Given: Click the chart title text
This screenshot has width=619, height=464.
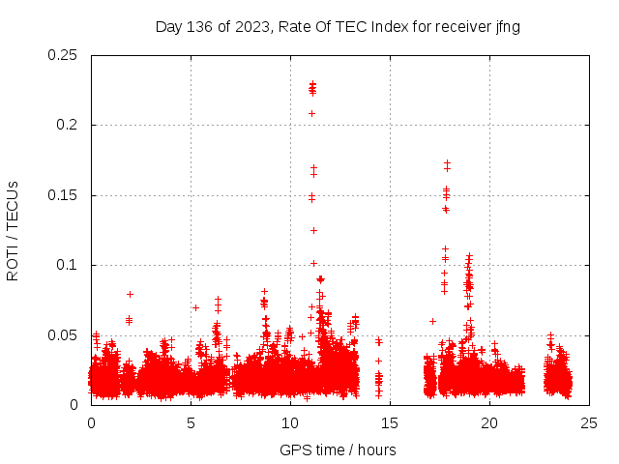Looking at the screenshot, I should tap(338, 27).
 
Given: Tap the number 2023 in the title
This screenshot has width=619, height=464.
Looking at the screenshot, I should tap(253, 27).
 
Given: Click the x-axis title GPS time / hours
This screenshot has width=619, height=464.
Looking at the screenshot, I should tap(338, 449).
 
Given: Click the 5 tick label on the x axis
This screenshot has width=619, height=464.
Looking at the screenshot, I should tap(191, 422).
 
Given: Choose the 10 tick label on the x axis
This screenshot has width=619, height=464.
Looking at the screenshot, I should tap(290, 422).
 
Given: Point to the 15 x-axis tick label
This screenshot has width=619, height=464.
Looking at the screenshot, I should tap(390, 422).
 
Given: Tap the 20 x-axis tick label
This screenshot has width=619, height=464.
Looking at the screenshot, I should tap(489, 422).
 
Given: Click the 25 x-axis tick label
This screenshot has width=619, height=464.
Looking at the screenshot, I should tap(589, 422).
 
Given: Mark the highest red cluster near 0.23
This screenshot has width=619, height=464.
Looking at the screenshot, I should tap(312, 88).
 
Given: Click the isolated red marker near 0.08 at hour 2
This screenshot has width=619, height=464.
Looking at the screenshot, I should tap(130, 294).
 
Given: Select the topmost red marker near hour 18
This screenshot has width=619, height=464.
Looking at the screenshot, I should tap(447, 163).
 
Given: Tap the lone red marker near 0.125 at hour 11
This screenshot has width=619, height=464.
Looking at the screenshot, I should tap(313, 230).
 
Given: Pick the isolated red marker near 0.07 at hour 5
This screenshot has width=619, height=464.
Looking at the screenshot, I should tap(195, 307).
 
